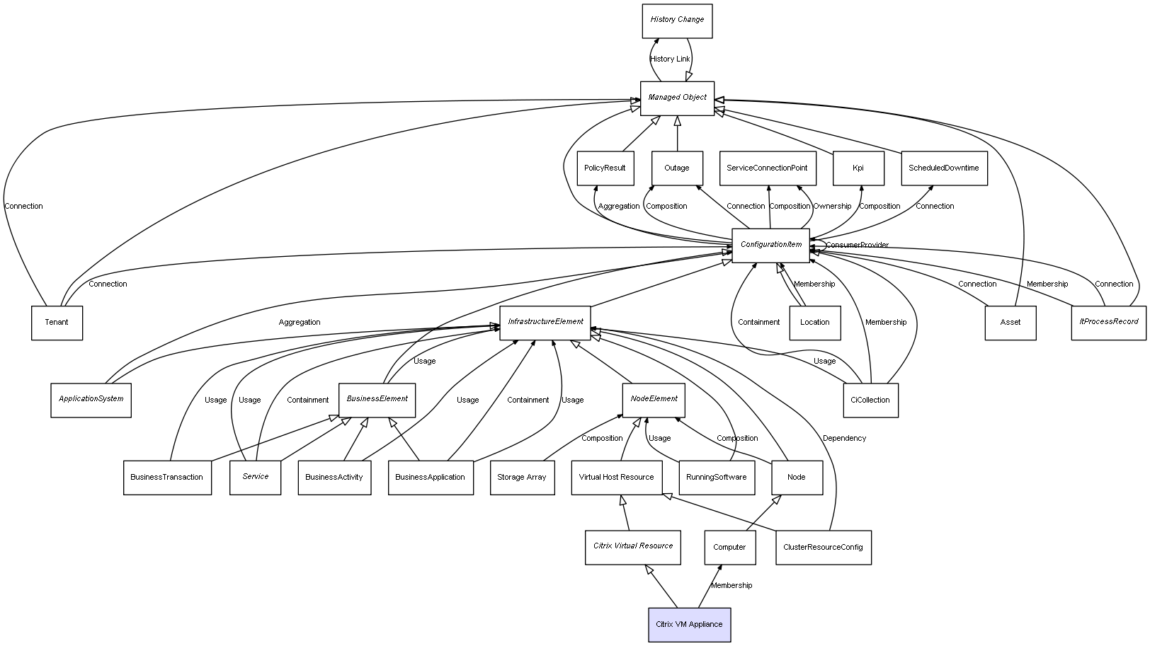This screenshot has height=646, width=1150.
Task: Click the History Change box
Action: coord(677,21)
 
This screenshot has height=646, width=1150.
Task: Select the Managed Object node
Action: coord(677,98)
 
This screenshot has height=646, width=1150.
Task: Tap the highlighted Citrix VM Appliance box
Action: coord(689,625)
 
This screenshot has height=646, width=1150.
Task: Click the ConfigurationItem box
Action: coord(770,245)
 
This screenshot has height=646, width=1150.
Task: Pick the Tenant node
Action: coord(57,323)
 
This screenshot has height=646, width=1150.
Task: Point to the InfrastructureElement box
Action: coord(545,323)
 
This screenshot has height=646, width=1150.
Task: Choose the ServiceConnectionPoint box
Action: coord(767,168)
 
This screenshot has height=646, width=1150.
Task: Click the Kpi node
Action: coord(858,168)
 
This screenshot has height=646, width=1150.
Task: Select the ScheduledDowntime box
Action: coord(943,168)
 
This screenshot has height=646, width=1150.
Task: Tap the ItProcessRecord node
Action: coord(1108,323)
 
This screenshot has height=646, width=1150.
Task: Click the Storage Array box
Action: coord(522,478)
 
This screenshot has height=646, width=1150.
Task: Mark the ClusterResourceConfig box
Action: coord(823,548)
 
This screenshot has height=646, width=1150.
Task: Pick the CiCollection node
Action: coord(870,400)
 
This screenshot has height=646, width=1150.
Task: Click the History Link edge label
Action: coord(670,59)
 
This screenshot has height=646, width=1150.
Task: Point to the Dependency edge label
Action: coord(844,439)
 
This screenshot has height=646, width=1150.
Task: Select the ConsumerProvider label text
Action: coord(857,246)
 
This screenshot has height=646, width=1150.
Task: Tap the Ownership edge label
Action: coord(832,207)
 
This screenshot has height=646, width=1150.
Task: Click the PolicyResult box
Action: coord(605,168)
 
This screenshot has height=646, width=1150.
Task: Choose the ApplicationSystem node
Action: coord(91,400)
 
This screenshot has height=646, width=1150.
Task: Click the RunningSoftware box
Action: coord(716,478)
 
